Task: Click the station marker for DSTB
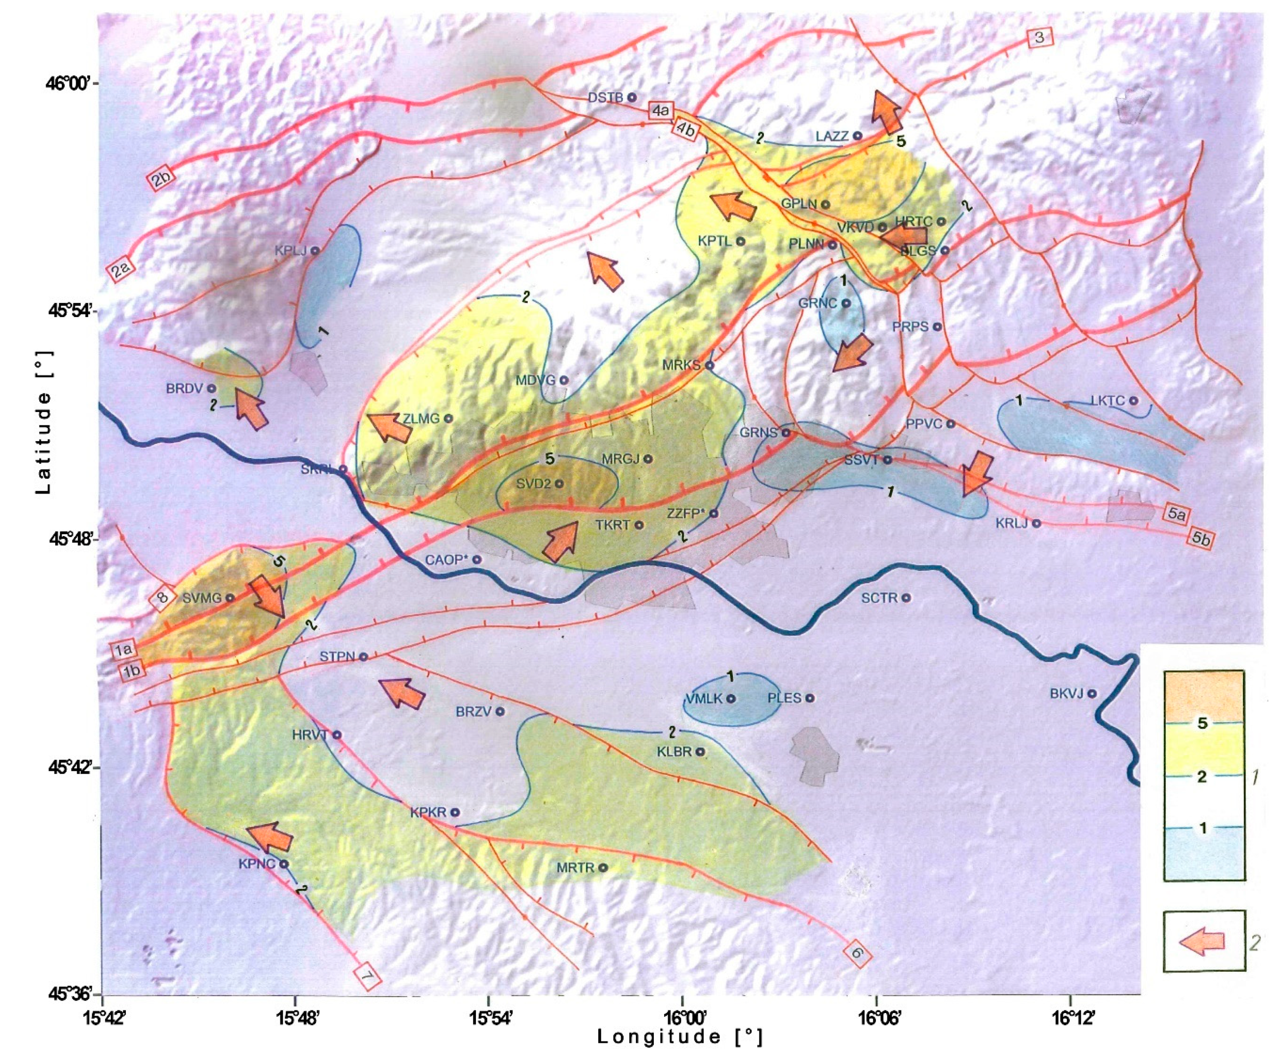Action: [632, 97]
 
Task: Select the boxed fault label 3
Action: [1040, 38]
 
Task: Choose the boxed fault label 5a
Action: [1176, 515]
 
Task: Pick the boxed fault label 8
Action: [162, 598]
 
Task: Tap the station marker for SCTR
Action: [906, 598]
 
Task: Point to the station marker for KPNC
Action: [284, 864]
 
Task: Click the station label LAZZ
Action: [831, 136]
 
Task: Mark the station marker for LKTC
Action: [1133, 400]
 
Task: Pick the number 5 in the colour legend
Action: [1203, 723]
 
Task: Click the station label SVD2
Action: [533, 484]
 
